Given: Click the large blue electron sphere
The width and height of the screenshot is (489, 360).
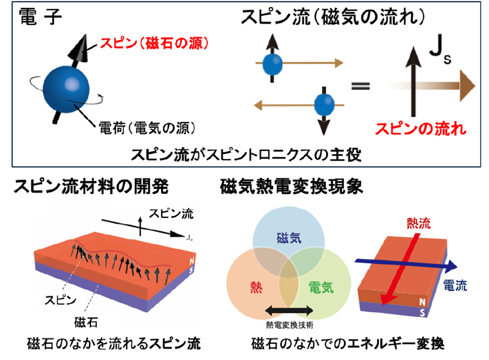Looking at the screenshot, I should (67, 89).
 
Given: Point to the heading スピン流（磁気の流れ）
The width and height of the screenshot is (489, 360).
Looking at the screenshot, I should (333, 18).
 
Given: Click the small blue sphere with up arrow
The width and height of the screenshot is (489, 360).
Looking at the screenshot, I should (272, 63).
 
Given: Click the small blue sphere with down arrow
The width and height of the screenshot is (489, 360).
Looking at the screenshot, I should (323, 105).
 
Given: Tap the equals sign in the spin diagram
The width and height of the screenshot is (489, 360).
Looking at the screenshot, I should (360, 85).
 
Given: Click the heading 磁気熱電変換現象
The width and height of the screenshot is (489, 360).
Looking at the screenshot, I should (291, 187).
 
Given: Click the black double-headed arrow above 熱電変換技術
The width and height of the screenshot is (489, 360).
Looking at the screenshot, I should (290, 311).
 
